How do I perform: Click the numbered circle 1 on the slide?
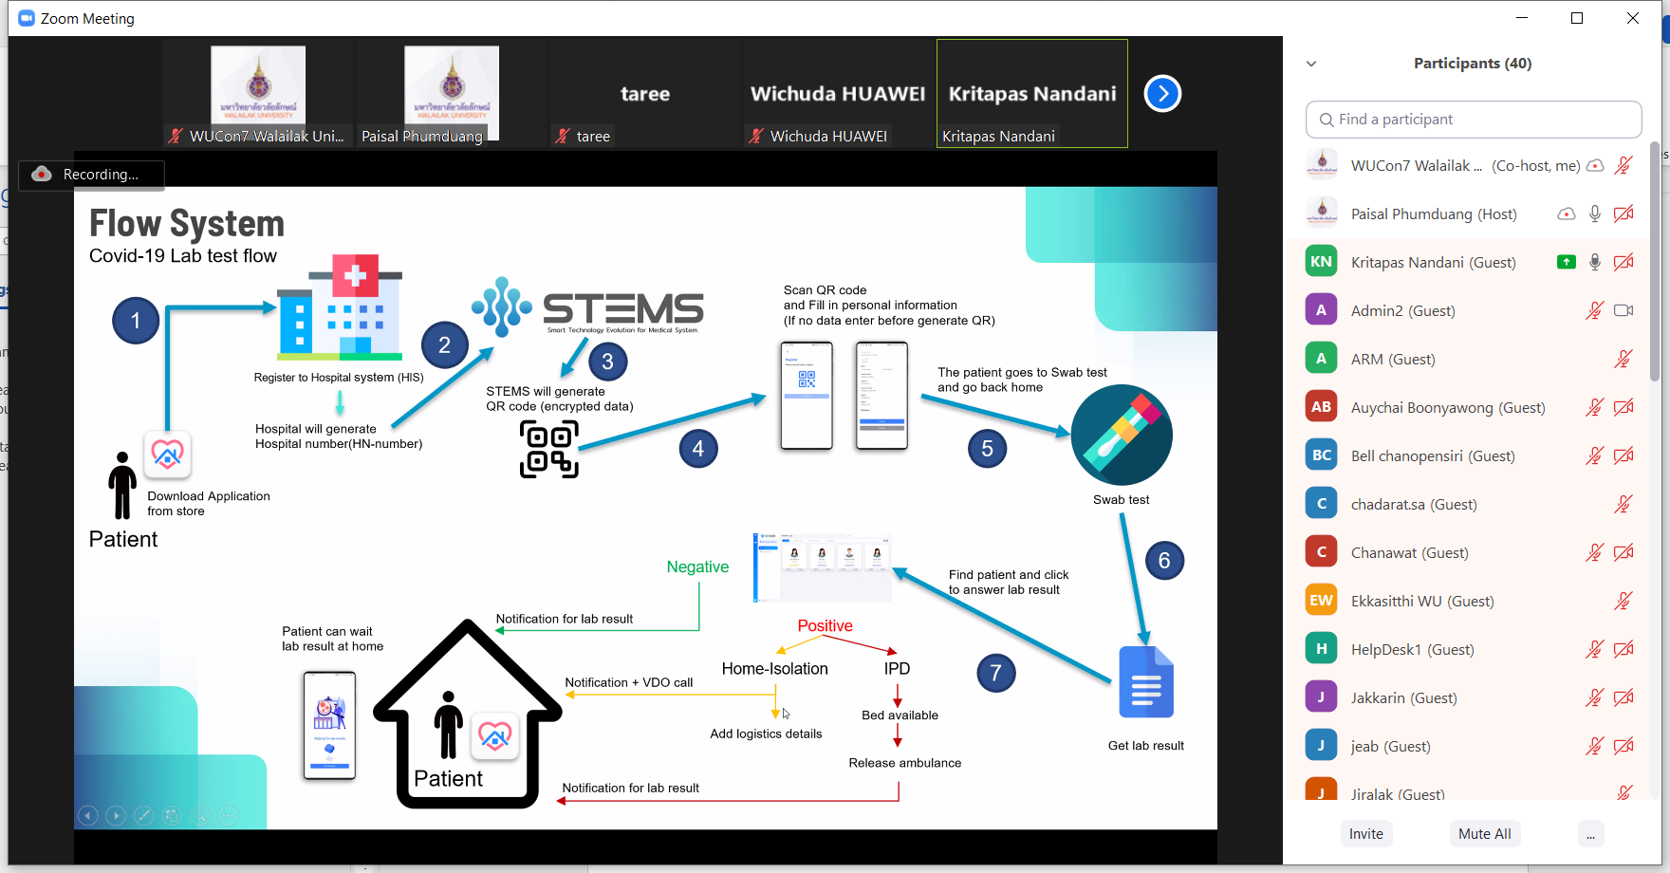[136, 321]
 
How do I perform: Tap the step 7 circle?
[995, 673]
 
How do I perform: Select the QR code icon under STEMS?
[548, 449]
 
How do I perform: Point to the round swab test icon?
[1122, 436]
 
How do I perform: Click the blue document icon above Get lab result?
[1146, 682]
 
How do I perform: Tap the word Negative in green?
[697, 567]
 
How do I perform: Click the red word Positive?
[825, 625]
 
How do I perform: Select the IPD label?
[897, 668]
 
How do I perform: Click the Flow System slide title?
[187, 224]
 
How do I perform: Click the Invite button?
[1365, 833]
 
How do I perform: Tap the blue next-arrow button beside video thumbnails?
[1162, 93]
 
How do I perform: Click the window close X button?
[1632, 18]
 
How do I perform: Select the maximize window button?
[1577, 18]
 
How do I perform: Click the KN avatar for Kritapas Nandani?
[1321, 262]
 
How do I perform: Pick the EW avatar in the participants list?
[1321, 601]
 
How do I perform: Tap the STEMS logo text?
[622, 309]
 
